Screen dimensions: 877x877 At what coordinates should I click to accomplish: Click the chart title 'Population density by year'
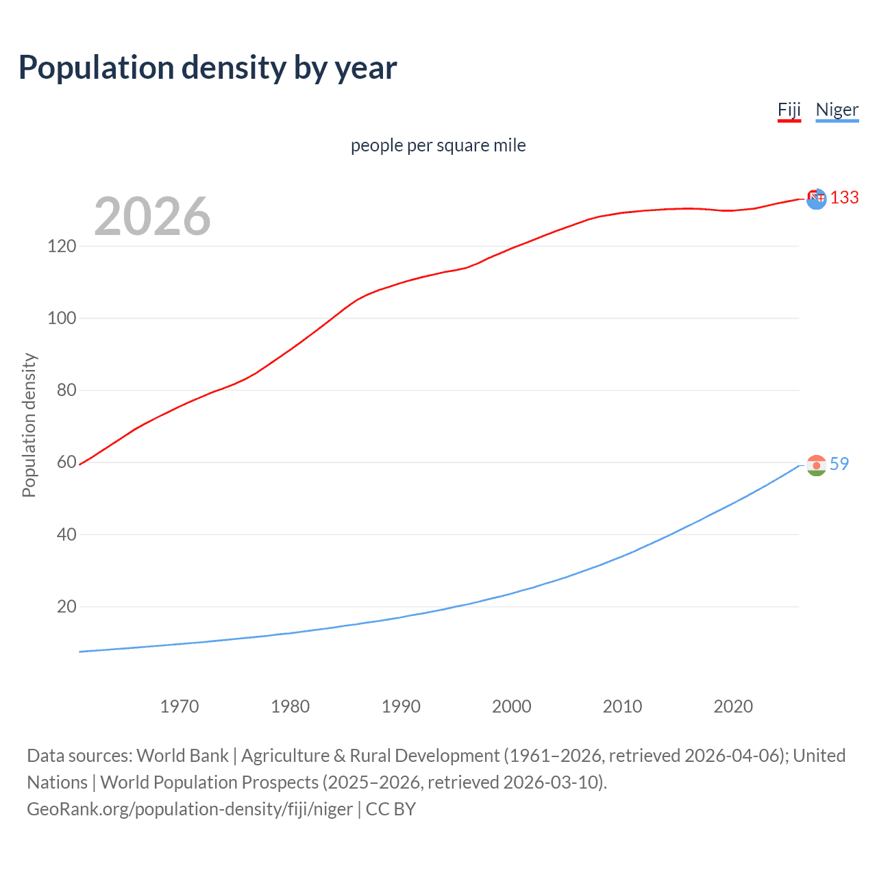[x=208, y=68]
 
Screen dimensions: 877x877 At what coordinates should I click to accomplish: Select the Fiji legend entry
[x=789, y=110]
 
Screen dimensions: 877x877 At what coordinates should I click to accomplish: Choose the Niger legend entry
[x=837, y=110]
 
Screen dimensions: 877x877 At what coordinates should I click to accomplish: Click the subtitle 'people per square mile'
[x=438, y=145]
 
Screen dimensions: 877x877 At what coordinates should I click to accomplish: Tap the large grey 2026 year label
[x=152, y=217]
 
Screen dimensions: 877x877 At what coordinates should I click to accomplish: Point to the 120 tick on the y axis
[x=62, y=246]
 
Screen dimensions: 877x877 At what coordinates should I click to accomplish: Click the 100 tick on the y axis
[x=62, y=318]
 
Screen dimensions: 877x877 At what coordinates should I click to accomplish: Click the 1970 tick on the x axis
[x=180, y=706]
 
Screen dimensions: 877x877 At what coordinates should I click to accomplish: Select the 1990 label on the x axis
[x=401, y=706]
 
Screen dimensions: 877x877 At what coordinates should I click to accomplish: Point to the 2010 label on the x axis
[x=622, y=706]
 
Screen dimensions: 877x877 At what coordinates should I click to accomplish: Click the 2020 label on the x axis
[x=733, y=706]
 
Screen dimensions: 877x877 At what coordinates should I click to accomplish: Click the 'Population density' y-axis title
[x=29, y=425]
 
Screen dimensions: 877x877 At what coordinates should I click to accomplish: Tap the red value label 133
[x=844, y=198]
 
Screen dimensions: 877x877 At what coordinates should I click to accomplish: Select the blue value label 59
[x=839, y=464]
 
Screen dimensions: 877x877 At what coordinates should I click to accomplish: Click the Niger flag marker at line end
[x=816, y=465]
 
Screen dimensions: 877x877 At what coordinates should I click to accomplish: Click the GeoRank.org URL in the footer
[x=190, y=809]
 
